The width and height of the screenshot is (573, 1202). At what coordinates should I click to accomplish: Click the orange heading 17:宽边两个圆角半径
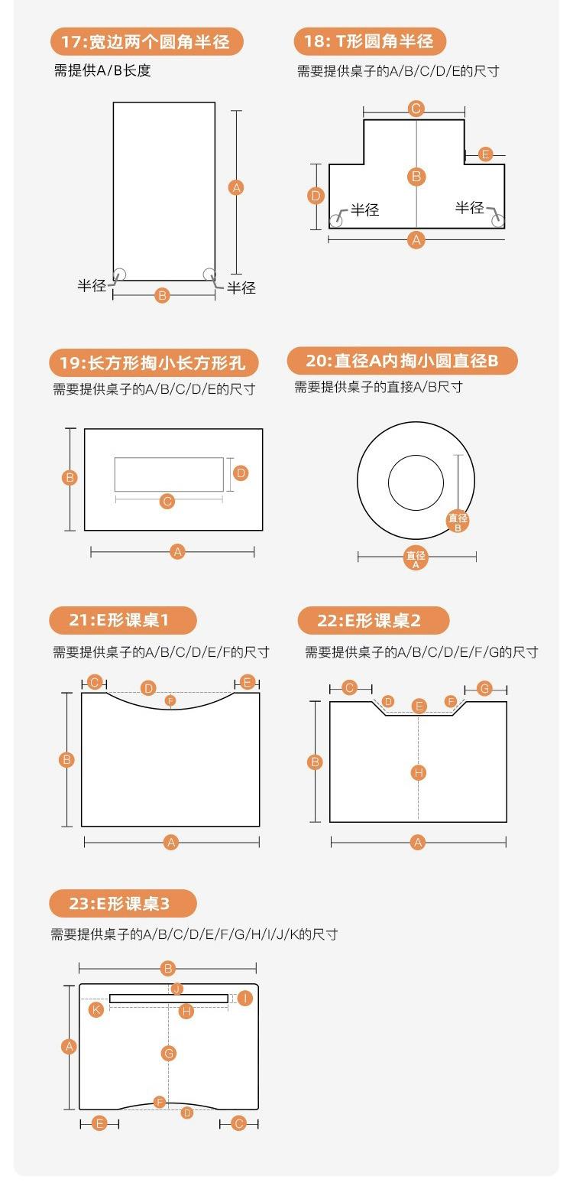coord(147,42)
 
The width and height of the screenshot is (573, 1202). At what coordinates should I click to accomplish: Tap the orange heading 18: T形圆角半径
coord(370,41)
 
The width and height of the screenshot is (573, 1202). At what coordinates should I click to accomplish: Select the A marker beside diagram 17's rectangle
coord(236,188)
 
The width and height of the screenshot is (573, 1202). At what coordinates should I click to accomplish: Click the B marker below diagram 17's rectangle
coord(162,295)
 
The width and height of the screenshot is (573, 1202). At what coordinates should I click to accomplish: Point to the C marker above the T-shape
coord(416,109)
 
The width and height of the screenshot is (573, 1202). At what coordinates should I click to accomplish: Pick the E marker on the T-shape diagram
coord(485,154)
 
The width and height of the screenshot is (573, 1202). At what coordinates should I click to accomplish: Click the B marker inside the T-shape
coord(416,177)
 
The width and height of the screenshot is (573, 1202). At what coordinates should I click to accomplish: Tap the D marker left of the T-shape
coord(316,196)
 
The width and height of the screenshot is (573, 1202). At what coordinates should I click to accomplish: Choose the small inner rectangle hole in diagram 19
coord(169,474)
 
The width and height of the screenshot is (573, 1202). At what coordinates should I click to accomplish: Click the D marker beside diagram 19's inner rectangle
coord(241,473)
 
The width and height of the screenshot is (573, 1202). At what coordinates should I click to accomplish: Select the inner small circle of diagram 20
coord(416,482)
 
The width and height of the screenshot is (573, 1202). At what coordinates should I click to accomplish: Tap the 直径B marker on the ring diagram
coord(458,521)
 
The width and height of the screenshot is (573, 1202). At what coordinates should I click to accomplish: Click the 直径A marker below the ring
coord(416,558)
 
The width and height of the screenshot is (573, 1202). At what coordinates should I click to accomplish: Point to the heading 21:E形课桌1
coord(123,620)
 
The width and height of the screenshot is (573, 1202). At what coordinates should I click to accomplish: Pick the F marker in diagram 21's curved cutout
coord(170,701)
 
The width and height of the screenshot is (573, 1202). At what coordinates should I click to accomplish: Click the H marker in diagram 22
coord(418,773)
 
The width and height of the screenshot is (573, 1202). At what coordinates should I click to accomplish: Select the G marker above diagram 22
coord(484,688)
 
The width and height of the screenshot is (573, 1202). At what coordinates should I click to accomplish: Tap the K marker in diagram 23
coord(96,1009)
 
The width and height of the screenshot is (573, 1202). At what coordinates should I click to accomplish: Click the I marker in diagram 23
coord(245,998)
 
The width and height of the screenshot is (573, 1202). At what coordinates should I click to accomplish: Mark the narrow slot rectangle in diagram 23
coord(169,998)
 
